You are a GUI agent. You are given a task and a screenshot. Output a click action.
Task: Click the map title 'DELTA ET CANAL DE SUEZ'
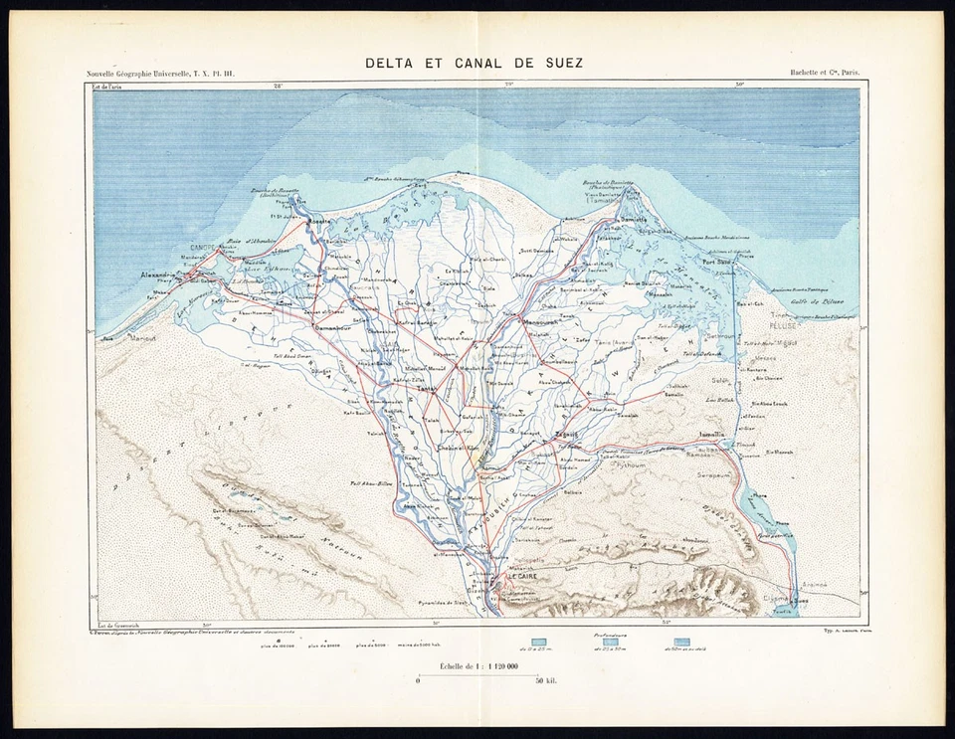click(474, 63)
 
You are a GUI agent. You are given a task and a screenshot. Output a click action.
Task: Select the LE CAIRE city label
click(522, 576)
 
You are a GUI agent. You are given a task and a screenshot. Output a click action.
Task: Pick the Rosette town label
click(318, 222)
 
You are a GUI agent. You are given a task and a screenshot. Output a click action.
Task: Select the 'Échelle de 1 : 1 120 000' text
click(476, 664)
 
